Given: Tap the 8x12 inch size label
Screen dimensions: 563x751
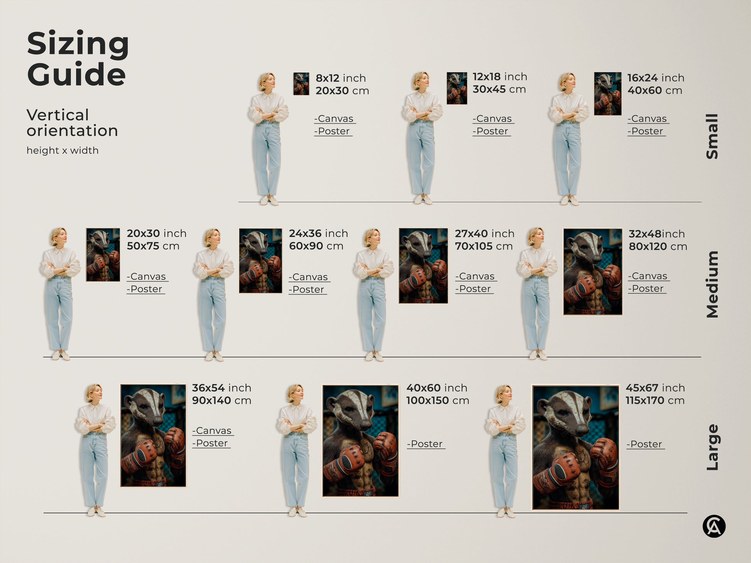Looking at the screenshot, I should (340, 78).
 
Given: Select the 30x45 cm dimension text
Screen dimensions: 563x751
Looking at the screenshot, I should (499, 90).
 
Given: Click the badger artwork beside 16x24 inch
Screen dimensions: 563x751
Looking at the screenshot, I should (607, 94).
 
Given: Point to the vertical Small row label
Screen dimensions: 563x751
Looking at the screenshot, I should (712, 136).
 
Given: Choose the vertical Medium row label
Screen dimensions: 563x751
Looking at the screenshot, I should (712, 284).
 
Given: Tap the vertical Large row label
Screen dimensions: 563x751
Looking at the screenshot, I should (712, 447).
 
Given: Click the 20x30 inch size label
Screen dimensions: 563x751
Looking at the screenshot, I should (156, 233).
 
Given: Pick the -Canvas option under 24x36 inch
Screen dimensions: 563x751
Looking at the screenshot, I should (310, 277).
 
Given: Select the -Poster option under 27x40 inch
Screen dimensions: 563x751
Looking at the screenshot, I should (474, 289).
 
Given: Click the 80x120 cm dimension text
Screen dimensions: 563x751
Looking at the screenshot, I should (658, 247).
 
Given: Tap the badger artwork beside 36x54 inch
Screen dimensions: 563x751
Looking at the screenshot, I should (153, 435).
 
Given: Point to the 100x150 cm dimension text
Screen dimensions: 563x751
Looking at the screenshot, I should (437, 401).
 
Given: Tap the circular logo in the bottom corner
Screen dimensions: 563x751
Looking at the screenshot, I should (714, 526).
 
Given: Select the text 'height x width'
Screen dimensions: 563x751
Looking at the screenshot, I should (63, 150).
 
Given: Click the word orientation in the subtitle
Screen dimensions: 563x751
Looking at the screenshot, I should (72, 131).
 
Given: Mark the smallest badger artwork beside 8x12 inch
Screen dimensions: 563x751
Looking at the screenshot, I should (301, 84).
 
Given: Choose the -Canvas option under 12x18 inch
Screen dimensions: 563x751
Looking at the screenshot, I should (493, 119).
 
